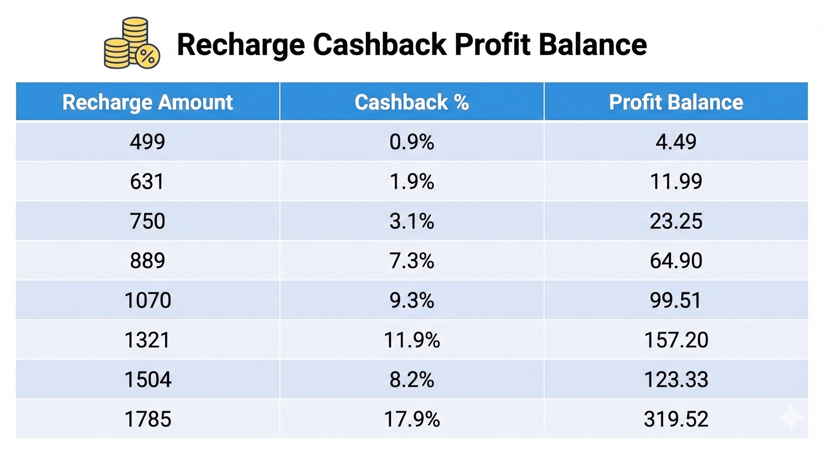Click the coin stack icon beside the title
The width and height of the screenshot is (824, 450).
tap(132, 43)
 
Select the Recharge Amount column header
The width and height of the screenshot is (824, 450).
tap(147, 102)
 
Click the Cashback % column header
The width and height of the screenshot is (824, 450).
tap(411, 102)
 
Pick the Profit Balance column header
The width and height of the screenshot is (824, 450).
tap(676, 102)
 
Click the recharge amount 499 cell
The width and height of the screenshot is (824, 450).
tap(147, 142)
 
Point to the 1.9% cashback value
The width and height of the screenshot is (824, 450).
tap(411, 182)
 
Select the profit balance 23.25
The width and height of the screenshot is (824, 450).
tap(676, 221)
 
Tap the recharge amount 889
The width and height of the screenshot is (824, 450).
tap(147, 261)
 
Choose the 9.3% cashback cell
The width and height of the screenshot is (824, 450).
tap(411, 301)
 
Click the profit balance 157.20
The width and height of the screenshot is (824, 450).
tap(676, 340)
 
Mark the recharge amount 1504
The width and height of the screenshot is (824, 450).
tap(148, 380)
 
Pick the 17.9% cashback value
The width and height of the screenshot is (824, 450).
tap(411, 420)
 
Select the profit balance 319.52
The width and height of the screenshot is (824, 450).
tap(676, 420)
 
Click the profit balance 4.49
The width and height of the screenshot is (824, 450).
tap(676, 142)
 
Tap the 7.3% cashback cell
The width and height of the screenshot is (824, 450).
tap(411, 261)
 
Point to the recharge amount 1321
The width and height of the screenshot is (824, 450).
tap(147, 340)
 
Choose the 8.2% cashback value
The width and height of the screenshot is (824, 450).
tap(411, 380)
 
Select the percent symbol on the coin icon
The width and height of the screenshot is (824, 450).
tap(147, 56)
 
